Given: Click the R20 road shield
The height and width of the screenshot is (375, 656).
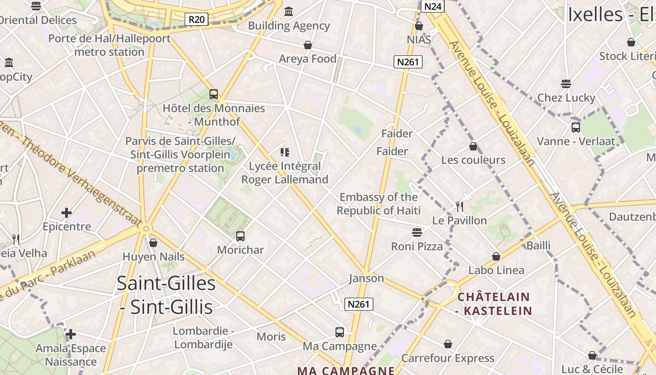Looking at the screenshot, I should [197, 19].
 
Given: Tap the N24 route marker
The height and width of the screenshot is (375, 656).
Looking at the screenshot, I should [432, 6].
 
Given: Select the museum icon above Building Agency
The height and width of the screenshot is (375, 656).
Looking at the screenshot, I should [289, 11].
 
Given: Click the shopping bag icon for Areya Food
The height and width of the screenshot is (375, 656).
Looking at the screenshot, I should [308, 45].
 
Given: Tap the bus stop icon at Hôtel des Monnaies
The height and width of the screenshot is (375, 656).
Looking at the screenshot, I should [214, 94].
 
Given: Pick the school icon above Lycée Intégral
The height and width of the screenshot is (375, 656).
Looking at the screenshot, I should [285, 152].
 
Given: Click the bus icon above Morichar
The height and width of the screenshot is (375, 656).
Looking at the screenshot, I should [240, 236].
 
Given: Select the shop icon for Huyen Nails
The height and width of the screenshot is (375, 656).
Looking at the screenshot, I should [153, 243].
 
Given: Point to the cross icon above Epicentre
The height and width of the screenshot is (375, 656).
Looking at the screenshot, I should [67, 213].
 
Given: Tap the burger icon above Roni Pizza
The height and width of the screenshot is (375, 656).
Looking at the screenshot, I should [417, 232].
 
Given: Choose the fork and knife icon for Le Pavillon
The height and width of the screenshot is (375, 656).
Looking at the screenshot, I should [460, 206].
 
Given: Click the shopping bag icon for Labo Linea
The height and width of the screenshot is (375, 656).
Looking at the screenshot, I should [496, 256].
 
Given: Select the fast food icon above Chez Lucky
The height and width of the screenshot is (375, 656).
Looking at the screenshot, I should [566, 84].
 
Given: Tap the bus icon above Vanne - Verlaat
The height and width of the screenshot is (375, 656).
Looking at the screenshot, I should [576, 127].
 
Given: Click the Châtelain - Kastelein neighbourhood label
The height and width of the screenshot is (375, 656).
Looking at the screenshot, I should [494, 303].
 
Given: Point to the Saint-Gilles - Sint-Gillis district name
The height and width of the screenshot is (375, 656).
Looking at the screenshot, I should [166, 295].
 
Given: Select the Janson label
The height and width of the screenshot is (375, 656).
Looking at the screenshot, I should [366, 278].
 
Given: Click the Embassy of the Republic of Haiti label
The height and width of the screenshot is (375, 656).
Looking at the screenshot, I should [379, 204].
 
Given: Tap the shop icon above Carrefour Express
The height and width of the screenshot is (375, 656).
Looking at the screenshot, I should [448, 345].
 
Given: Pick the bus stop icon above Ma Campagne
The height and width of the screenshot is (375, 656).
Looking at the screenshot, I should [340, 332].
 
